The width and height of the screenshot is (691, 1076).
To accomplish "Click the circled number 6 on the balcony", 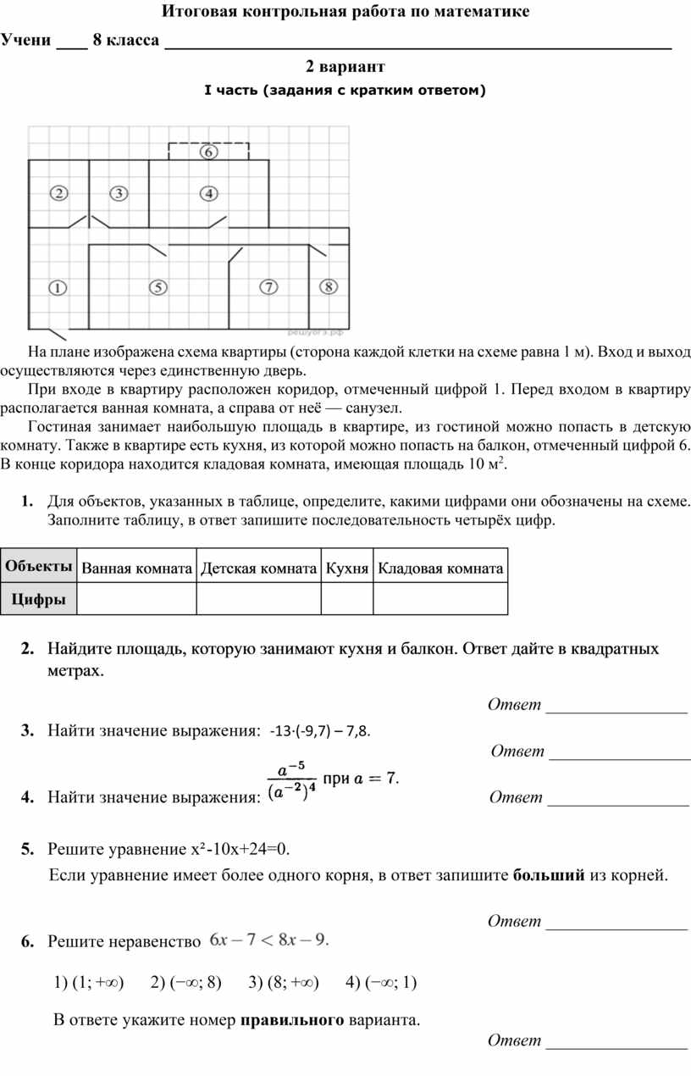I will pos(208,152).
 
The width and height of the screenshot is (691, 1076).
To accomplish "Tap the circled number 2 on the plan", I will pos(58,193).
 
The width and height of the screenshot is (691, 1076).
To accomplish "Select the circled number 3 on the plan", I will pos(119,193).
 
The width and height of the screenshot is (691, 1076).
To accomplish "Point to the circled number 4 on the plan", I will pos(208,193).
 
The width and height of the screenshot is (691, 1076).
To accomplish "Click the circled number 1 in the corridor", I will pos(58,287).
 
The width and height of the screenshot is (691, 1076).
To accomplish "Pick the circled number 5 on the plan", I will pos(158,287).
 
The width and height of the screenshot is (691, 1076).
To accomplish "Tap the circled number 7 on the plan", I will pos(268,287).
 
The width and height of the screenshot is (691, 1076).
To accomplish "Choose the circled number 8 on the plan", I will pos(329,287).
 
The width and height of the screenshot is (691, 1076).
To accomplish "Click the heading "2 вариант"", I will pos(345,66).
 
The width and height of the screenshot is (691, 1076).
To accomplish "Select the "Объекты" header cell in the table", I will pos(38,566).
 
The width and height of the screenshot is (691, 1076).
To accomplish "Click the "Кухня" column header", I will pos(347,569).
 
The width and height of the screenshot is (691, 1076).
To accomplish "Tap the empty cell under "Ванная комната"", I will pos(136,599).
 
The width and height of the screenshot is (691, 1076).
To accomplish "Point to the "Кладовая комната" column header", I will pos(440,569).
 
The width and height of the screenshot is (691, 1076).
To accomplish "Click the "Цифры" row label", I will pos(38,599).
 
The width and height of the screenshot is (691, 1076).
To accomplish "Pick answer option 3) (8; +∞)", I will pos(284,982).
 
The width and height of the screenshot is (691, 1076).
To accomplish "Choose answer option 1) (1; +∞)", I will pos(88,982).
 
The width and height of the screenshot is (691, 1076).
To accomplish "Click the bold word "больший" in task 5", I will pos(550,875).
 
